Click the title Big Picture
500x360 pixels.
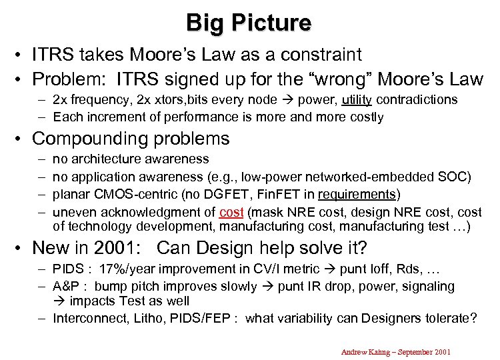249,22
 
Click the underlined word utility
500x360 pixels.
359,99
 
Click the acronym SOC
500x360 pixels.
455,177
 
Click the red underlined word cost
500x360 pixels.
232,212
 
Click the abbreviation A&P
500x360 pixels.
67,287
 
